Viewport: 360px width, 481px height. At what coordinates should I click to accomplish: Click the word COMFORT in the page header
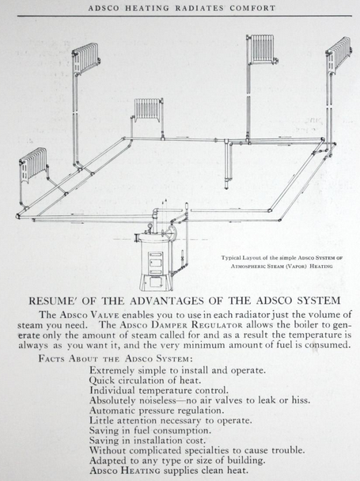click(x=252, y=8)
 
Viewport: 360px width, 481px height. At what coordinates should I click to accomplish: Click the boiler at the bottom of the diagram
click(x=155, y=261)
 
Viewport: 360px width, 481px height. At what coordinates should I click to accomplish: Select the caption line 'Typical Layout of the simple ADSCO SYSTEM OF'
click(x=282, y=258)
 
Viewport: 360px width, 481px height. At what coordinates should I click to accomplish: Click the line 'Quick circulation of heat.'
click(x=145, y=381)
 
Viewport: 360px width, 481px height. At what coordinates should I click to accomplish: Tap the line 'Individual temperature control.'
click(x=159, y=391)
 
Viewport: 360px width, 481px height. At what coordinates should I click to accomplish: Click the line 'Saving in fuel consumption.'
click(x=150, y=430)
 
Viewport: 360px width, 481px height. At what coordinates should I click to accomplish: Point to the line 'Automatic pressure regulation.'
click(x=157, y=411)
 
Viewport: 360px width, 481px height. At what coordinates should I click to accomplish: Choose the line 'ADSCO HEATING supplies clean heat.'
click(x=169, y=470)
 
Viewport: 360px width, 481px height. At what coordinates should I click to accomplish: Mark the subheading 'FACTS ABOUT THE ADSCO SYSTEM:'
click(x=116, y=358)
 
